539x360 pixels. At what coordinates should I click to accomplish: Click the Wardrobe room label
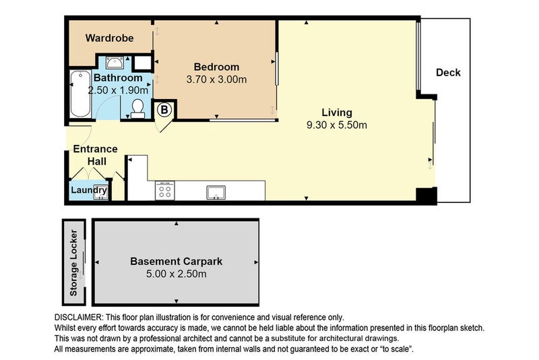point(109,38)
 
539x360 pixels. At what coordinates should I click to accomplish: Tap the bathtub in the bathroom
point(79,94)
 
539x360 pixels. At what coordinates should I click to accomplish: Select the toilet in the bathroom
point(138,109)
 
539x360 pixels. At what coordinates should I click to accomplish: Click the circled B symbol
point(163,109)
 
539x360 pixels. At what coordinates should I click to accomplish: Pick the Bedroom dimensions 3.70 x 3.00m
point(216,79)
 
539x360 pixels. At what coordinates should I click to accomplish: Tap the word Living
point(336,113)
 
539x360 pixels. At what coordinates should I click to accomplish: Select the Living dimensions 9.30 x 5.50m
point(336,125)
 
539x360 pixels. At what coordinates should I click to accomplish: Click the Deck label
point(448,72)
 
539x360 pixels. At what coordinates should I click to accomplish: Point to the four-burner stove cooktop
point(165,191)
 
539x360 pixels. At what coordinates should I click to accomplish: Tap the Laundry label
point(89,191)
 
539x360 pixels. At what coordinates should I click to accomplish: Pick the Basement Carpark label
point(176,261)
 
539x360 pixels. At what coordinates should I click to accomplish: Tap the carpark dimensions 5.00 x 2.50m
point(176,274)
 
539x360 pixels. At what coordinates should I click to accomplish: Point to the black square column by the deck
point(426,196)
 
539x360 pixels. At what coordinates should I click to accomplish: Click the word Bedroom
point(216,67)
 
